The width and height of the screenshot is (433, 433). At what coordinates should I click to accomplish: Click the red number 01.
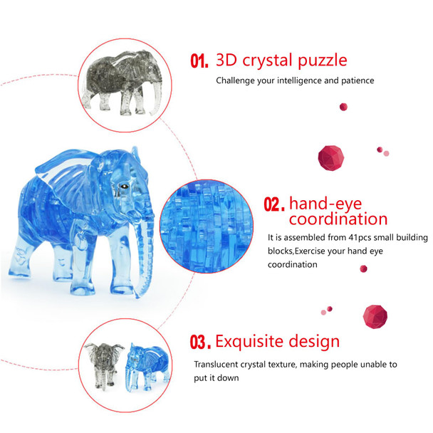point(199,61)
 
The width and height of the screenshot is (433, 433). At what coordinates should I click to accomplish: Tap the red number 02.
point(274,204)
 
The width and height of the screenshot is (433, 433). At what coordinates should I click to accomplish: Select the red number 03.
point(200,343)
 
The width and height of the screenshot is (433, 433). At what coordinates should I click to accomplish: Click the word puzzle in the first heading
point(318,59)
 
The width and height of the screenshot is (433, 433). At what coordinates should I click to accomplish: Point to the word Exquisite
point(252,341)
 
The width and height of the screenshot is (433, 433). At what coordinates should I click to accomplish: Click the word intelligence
point(295,80)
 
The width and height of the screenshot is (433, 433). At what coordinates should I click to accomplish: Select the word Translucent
point(219,364)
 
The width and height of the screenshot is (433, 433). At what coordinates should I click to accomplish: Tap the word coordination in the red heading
point(338,219)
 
